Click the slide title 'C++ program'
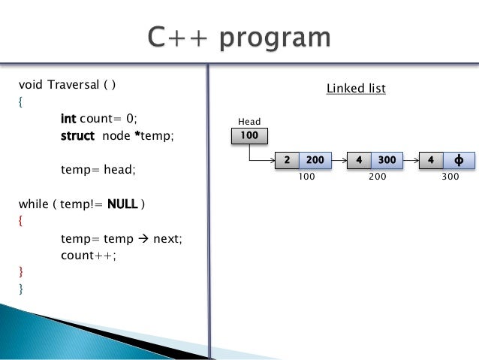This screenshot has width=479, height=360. pos(239,38)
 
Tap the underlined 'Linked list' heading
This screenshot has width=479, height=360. pos(356,89)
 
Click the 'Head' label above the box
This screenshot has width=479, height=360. pos(249,121)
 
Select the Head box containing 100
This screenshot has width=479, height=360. pos(249,135)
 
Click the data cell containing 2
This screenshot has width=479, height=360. pos(288,160)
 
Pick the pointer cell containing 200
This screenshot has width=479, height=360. pos(315,160)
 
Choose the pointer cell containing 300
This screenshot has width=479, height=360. pos(387,160)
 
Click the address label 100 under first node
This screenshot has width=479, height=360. pos(307,177)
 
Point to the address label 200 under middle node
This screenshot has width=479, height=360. pos(378,177)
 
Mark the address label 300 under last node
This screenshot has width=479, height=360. pos(450,177)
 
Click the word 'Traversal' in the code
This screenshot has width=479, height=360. pos(72,83)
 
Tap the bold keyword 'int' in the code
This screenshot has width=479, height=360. pos(69,118)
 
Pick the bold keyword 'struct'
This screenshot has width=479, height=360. pos(77,135)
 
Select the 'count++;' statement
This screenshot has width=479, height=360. pos(89,255)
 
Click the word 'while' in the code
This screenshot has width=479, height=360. pos(31,204)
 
